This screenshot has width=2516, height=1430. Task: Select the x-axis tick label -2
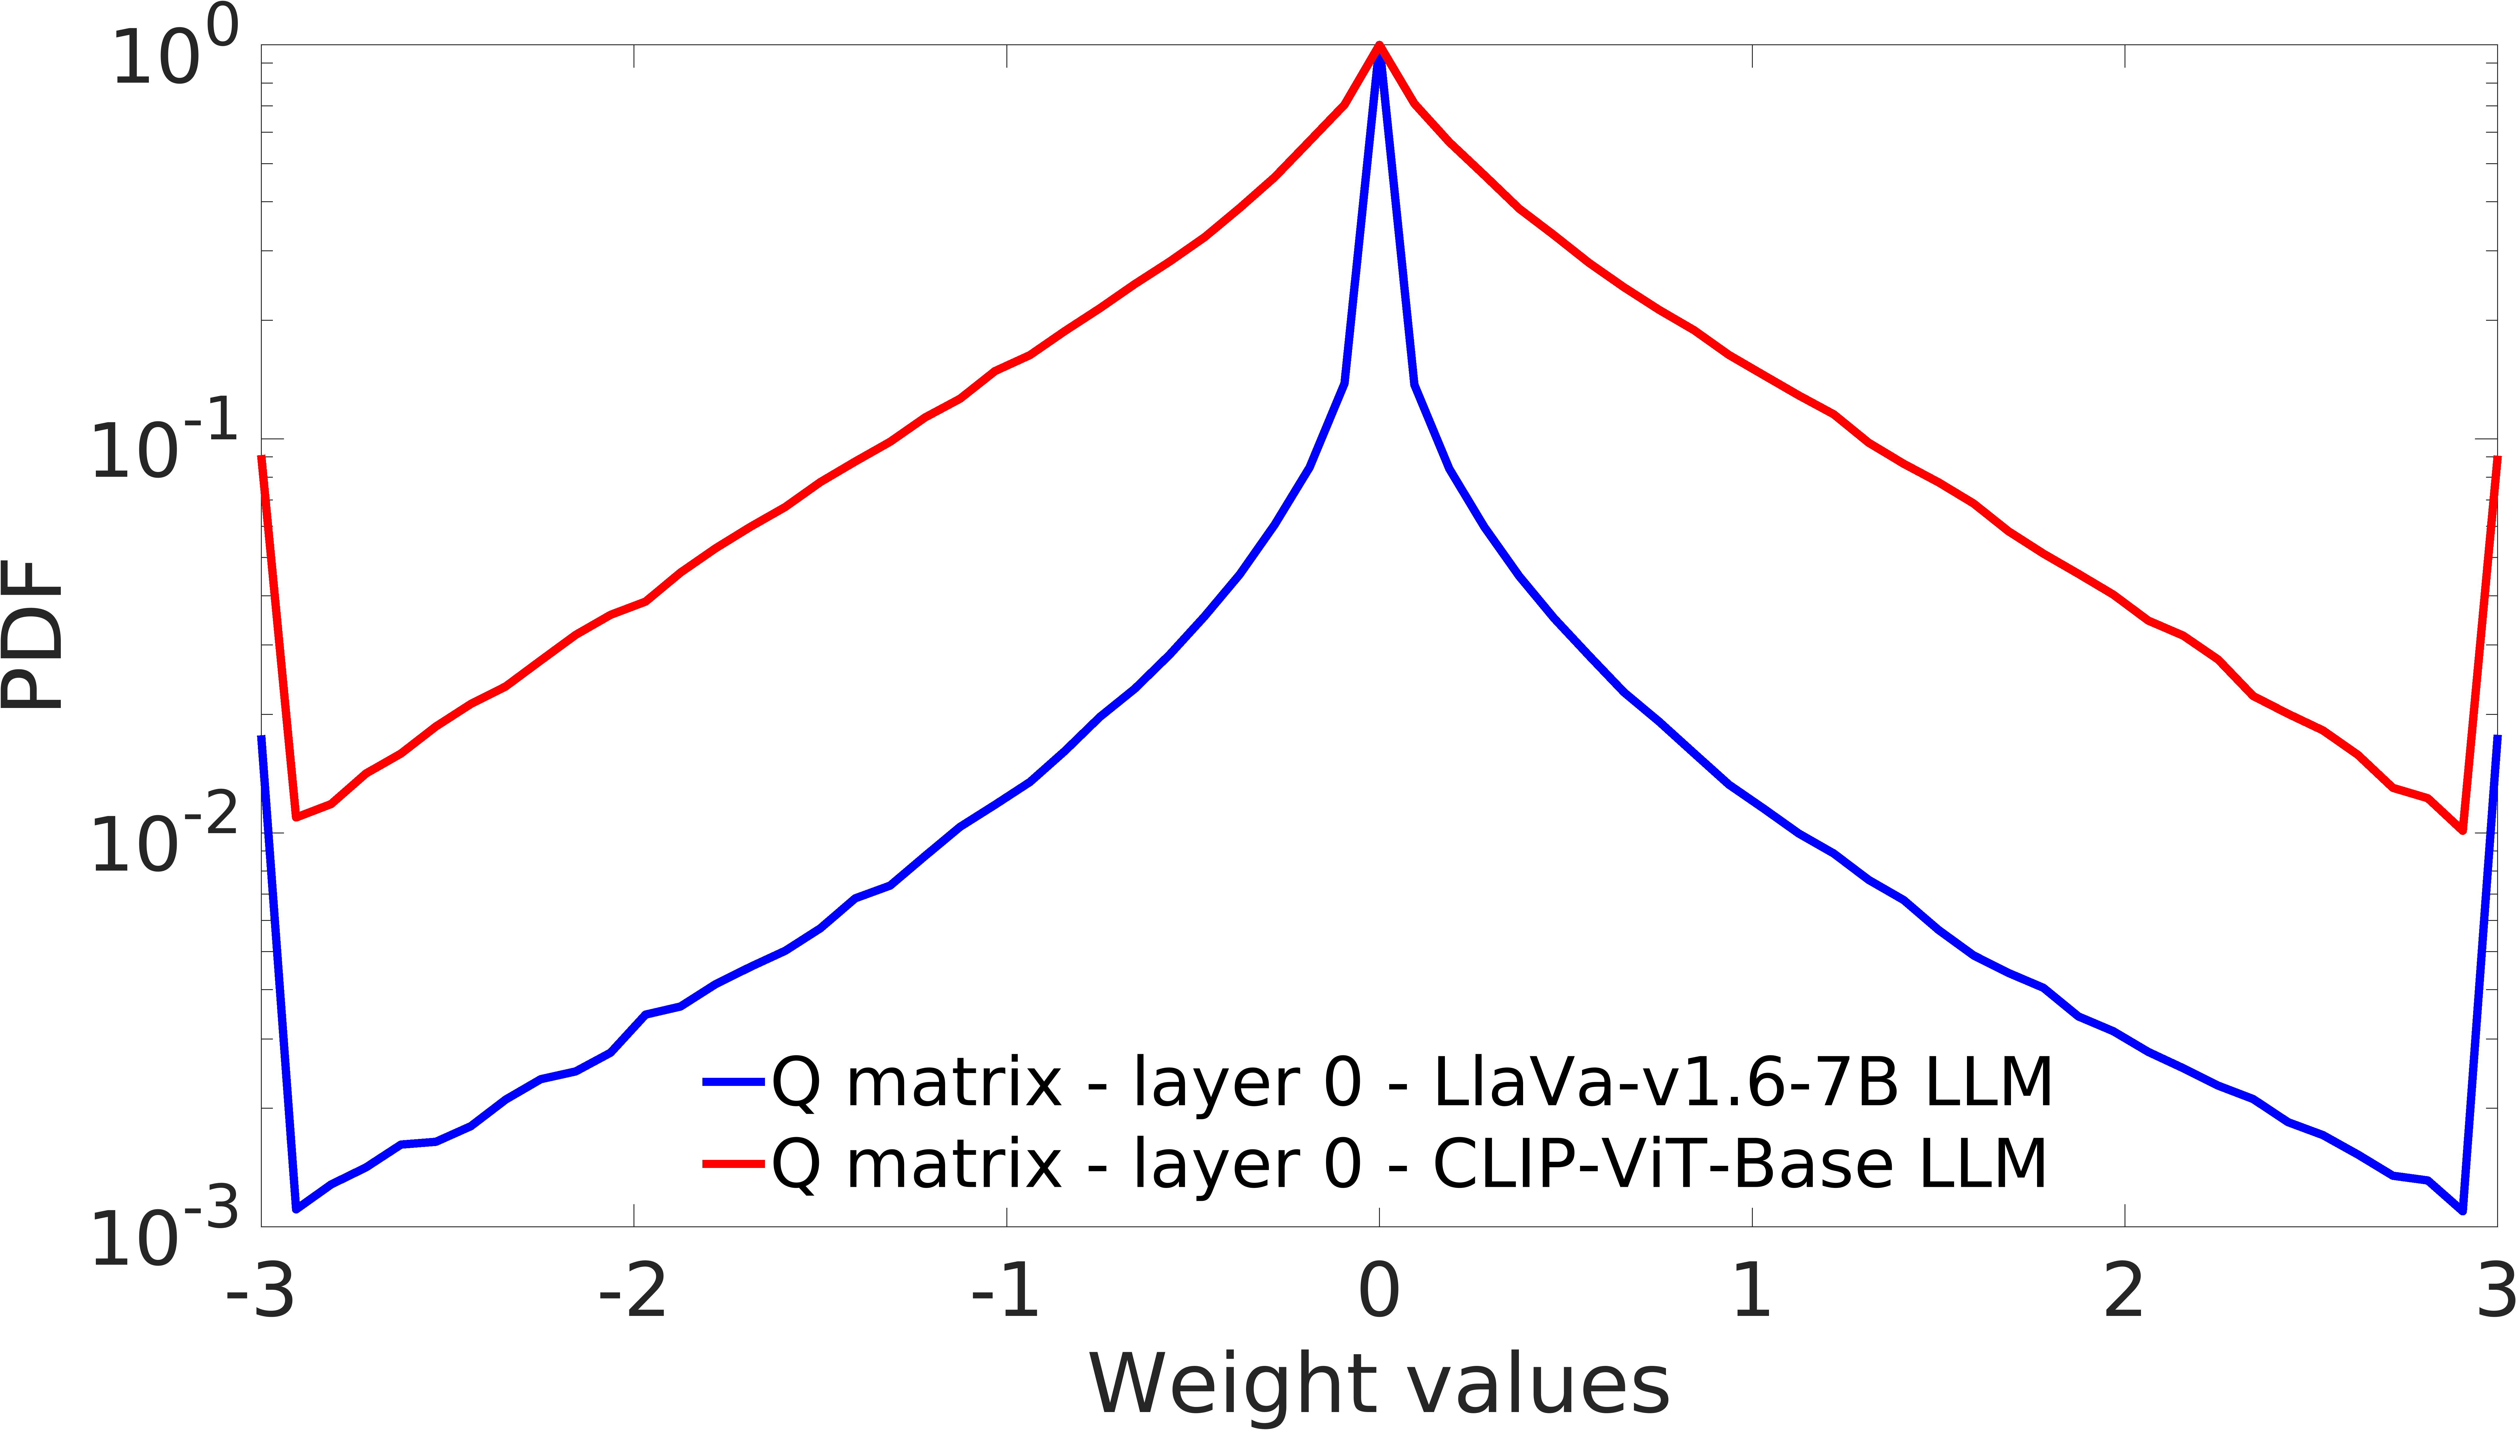pyautogui.click(x=633, y=1293)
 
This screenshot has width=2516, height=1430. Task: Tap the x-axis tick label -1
pyautogui.click(x=1006, y=1293)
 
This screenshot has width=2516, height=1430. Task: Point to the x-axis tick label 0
pyautogui.click(x=1379, y=1293)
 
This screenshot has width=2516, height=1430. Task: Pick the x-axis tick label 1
pyautogui.click(x=1752, y=1293)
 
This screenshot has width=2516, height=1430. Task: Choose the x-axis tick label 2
pyautogui.click(x=2124, y=1293)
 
